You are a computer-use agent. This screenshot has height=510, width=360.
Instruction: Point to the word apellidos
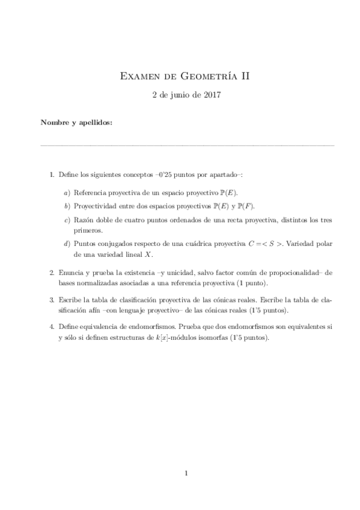pyautogui.click(x=95, y=123)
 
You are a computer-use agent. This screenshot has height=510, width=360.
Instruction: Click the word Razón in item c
pyautogui.click(x=84, y=221)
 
